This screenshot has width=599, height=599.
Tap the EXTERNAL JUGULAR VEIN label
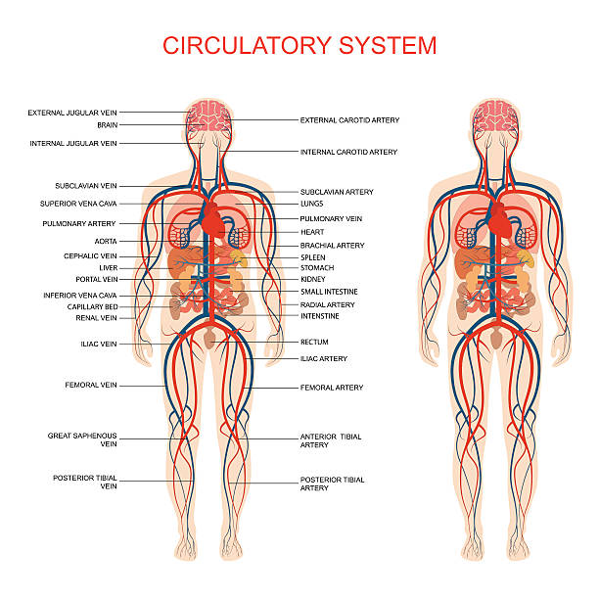(x=72, y=113)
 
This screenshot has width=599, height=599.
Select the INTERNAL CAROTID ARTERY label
(x=348, y=153)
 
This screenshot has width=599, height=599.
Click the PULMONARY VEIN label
(x=331, y=219)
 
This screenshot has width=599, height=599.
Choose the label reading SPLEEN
(x=312, y=257)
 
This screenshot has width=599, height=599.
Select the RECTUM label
(x=314, y=342)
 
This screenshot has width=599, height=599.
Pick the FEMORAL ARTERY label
(x=332, y=388)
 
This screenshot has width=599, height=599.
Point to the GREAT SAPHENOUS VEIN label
(x=82, y=438)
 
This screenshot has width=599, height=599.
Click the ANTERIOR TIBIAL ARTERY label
(x=331, y=440)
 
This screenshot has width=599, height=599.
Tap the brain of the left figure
(x=208, y=115)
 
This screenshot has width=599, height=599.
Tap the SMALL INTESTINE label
(x=329, y=292)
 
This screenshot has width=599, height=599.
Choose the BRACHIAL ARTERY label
(x=332, y=246)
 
